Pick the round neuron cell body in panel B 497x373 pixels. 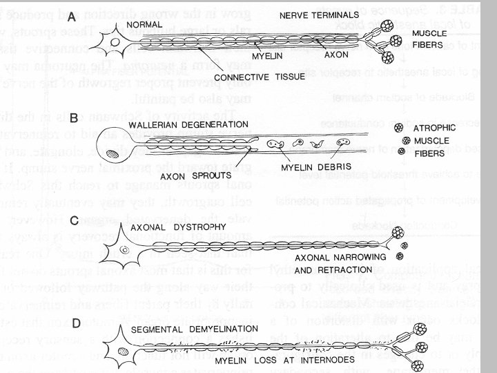tap(114, 146)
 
